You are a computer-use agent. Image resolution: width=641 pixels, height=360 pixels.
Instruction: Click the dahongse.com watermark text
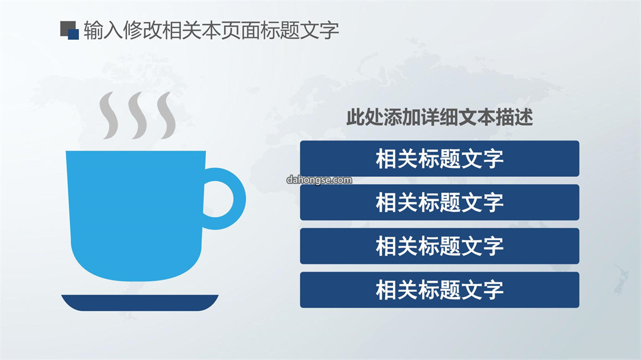(x=319, y=180)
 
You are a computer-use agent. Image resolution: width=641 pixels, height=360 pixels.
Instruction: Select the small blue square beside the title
(x=73, y=34)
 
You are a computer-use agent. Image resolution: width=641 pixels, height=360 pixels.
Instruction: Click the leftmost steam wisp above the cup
(x=109, y=115)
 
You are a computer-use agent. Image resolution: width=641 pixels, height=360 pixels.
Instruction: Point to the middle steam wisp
(x=137, y=115)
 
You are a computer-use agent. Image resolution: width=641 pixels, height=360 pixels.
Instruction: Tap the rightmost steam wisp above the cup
(x=166, y=115)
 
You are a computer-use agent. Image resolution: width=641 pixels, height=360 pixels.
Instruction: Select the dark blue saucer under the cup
(x=140, y=303)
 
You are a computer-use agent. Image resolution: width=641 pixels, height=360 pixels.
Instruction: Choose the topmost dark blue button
(x=439, y=158)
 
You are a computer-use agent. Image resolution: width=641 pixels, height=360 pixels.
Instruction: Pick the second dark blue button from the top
(x=439, y=202)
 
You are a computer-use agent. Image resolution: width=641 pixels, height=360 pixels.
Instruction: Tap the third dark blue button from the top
(x=439, y=246)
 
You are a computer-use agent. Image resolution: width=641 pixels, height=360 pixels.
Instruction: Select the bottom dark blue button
(x=439, y=289)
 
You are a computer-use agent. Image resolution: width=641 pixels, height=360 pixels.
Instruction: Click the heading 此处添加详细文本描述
(x=439, y=117)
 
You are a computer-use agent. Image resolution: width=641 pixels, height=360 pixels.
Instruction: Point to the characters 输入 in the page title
(x=103, y=30)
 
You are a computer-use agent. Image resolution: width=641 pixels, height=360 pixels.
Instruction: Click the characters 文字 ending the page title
(x=320, y=30)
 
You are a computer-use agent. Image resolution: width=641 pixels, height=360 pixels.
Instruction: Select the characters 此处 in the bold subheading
(x=364, y=117)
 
